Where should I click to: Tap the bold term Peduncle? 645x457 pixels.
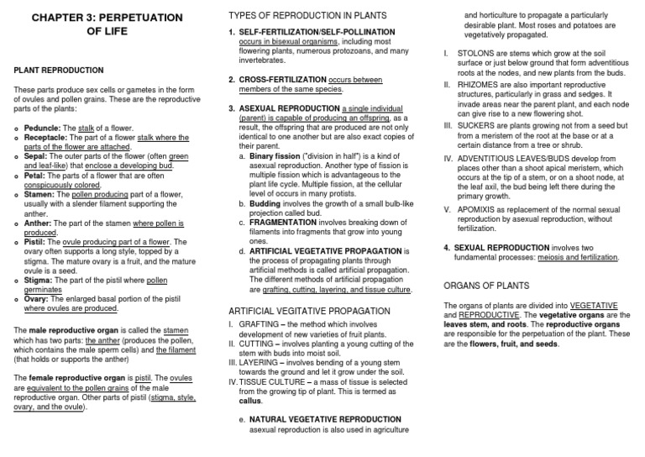(x=45, y=128)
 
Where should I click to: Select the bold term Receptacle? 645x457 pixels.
(x=50, y=137)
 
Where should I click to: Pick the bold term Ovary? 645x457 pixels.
(x=39, y=297)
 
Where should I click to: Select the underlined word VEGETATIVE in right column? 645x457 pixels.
(x=599, y=304)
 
